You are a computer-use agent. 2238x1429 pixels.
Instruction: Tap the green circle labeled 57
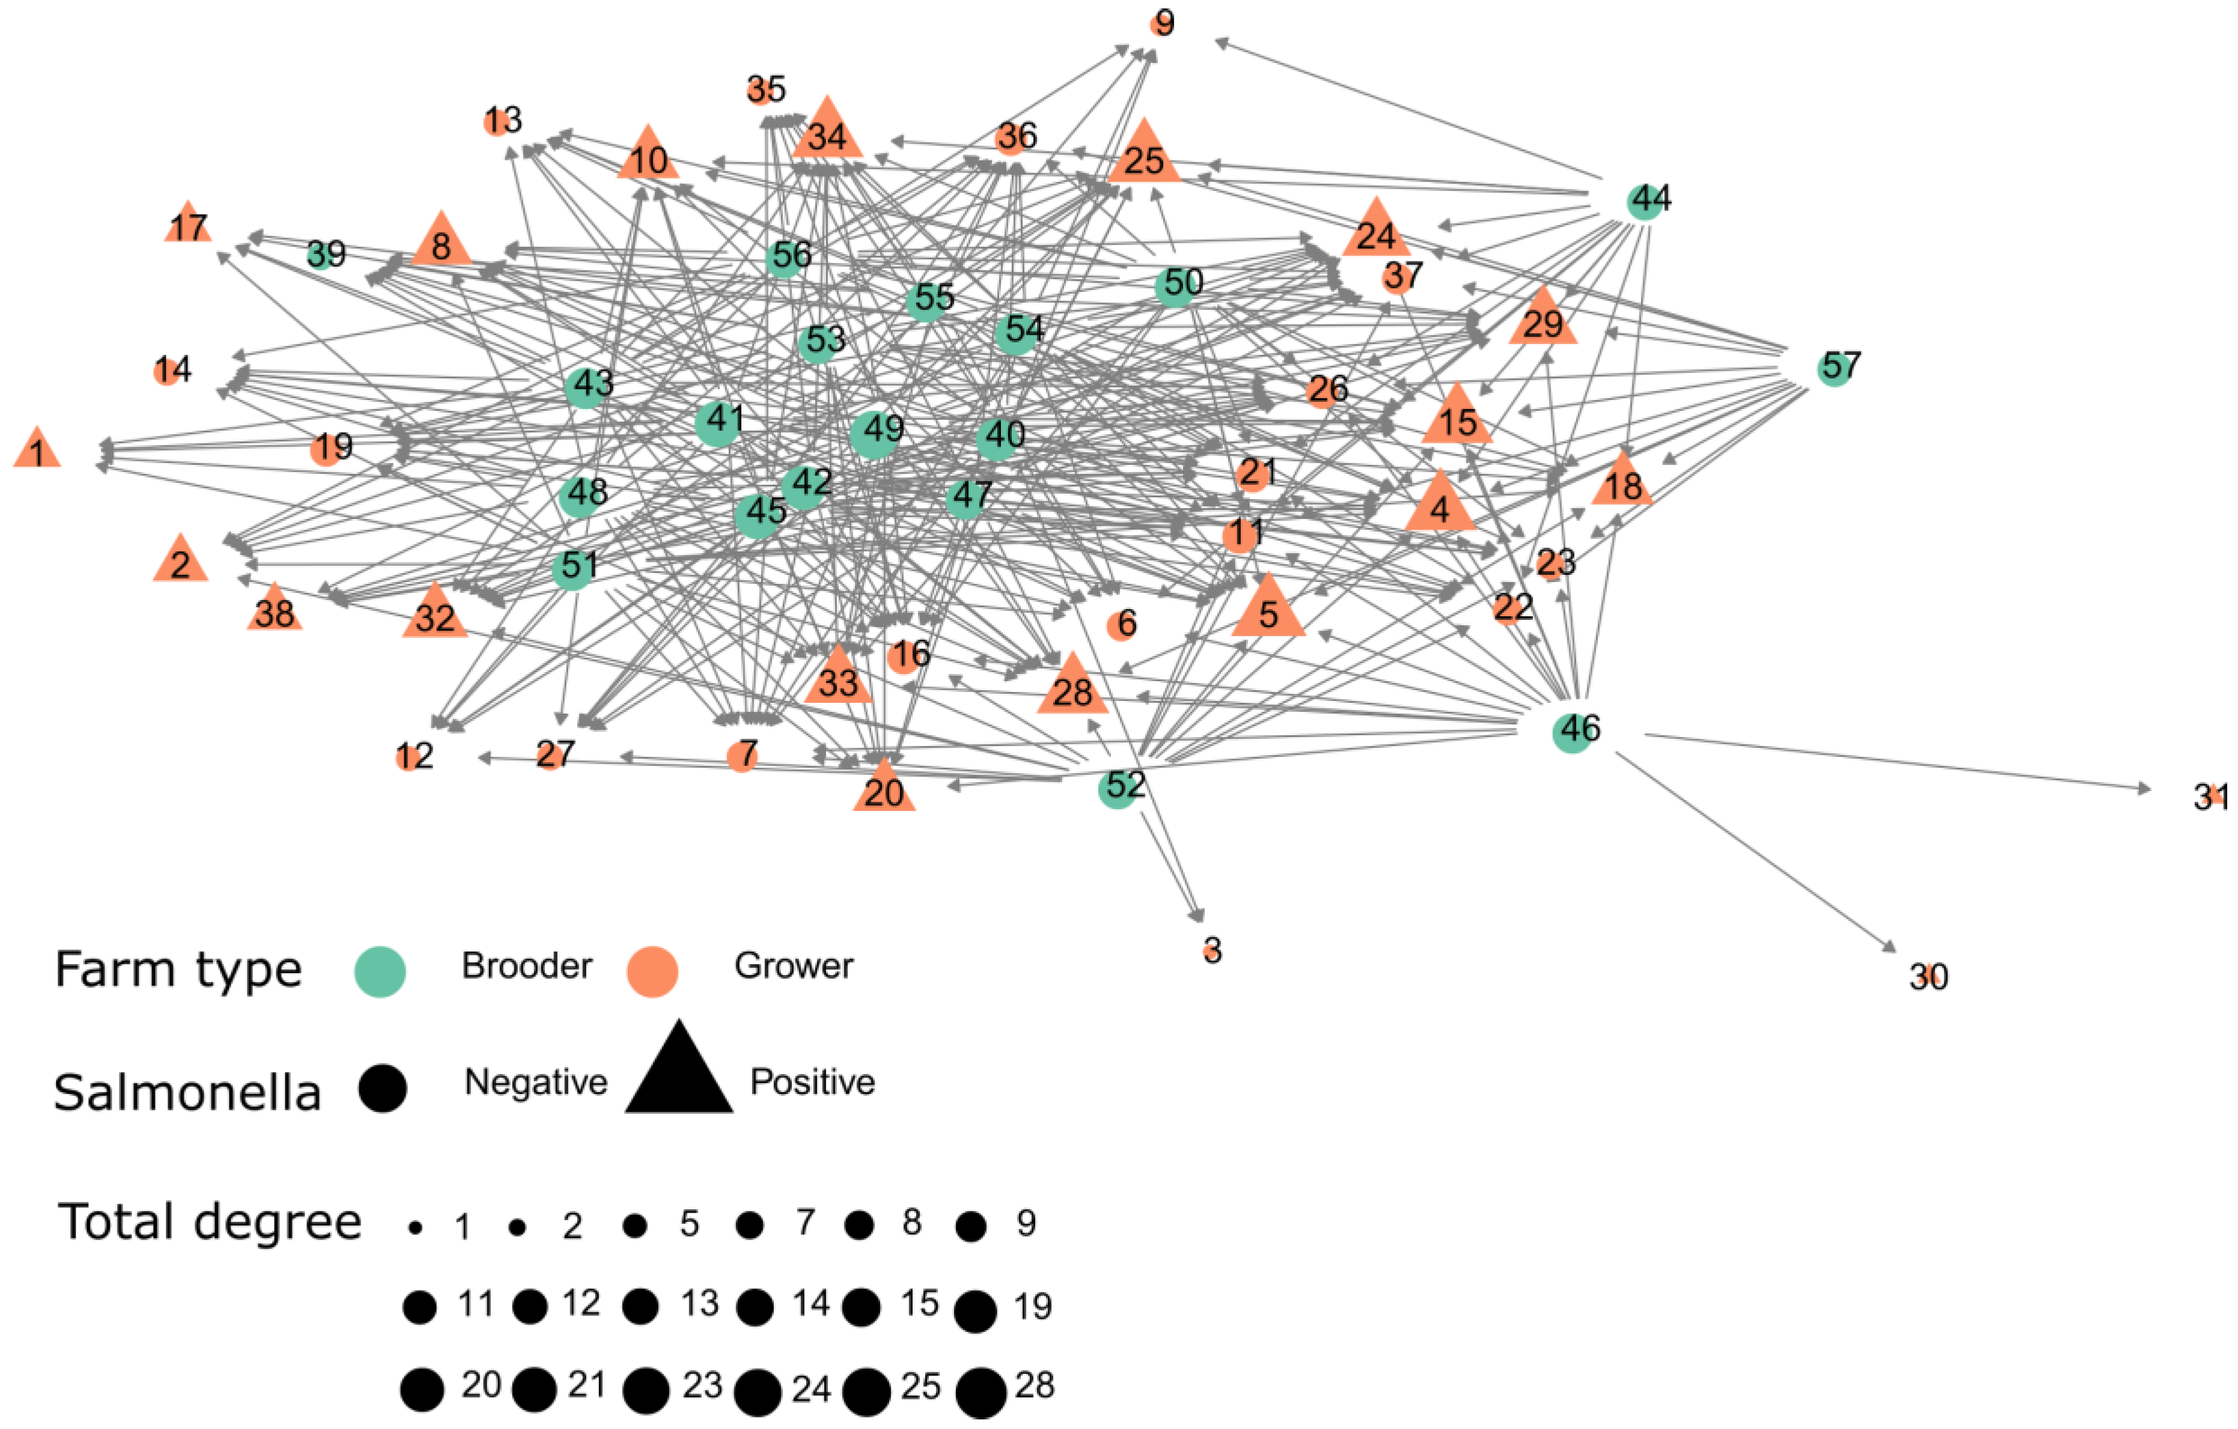[1834, 369]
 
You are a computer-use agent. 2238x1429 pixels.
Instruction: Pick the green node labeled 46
[1572, 732]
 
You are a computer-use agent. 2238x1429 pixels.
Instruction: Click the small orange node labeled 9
[1160, 24]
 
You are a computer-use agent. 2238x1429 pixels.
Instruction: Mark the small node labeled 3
[1210, 950]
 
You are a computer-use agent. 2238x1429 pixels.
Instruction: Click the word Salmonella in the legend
[187, 1093]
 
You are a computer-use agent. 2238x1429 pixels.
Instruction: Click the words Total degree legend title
[209, 1222]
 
